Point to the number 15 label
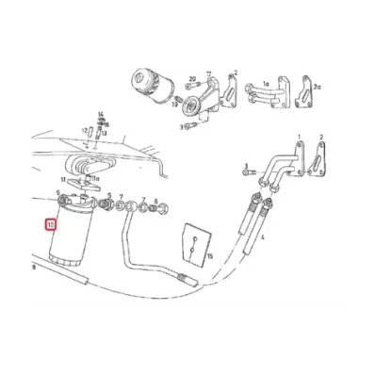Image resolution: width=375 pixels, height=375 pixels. pyautogui.click(x=210, y=256)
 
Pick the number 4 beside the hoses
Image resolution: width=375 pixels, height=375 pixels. pyautogui.click(x=263, y=238)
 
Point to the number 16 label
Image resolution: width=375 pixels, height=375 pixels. pyautogui.click(x=107, y=123)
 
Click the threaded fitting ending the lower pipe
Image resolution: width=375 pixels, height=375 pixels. pyautogui.click(x=184, y=278)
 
